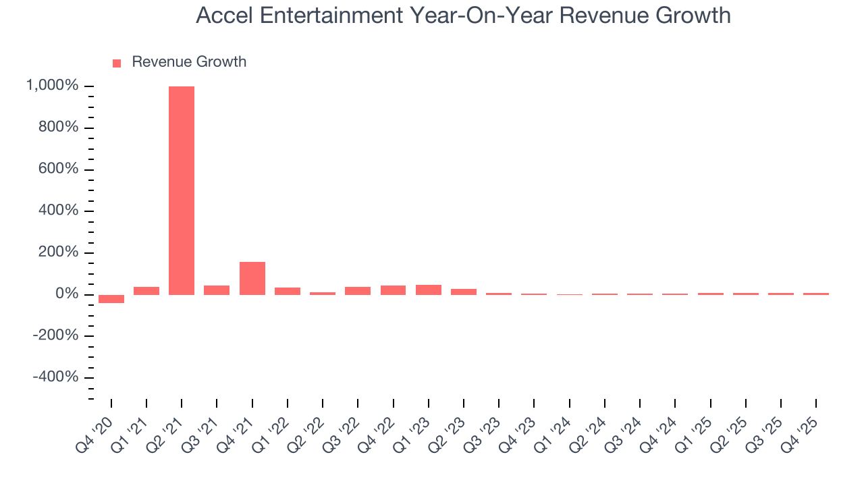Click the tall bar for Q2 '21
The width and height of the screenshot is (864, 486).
(182, 190)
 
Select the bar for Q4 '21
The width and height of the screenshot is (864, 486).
(252, 278)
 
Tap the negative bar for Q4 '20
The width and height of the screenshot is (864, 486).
(111, 299)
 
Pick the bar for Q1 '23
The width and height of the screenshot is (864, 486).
(429, 290)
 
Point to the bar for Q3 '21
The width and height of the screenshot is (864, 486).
(217, 290)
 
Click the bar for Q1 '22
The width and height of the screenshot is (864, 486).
(288, 291)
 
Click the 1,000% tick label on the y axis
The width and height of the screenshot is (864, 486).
(52, 86)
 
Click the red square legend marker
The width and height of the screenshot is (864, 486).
(117, 63)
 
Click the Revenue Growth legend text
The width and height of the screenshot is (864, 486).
(189, 62)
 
